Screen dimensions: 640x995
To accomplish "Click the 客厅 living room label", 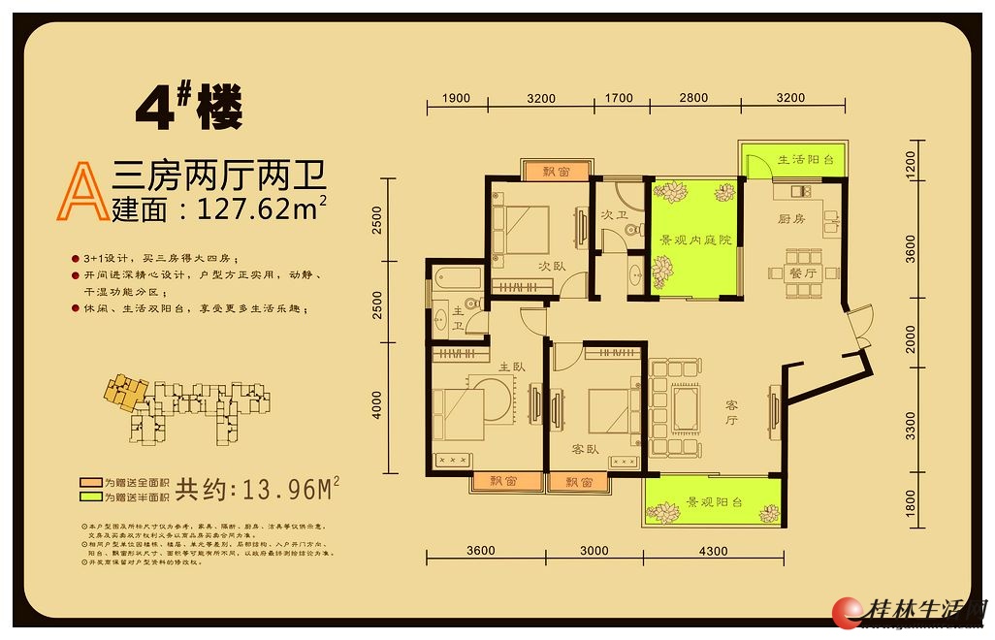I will pos(732,420).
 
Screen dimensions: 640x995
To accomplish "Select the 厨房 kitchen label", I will pos(791,219).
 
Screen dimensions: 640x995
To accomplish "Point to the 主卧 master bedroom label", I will pos(512,368).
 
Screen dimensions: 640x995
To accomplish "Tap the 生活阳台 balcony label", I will pos(804,159).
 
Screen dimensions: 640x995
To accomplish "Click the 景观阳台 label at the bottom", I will pos(714,502).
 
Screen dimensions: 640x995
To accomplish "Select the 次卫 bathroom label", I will pos(610,214).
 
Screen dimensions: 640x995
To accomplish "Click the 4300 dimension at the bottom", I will pos(713,551).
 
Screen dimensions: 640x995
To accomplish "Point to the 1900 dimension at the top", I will pos(455,98).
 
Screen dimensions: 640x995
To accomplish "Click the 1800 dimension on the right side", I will pos(910,504).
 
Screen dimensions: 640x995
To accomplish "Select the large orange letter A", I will pos(82,190).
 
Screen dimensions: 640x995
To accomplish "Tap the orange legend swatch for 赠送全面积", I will pos(90,482).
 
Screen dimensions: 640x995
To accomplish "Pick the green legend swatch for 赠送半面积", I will pos(90,496).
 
